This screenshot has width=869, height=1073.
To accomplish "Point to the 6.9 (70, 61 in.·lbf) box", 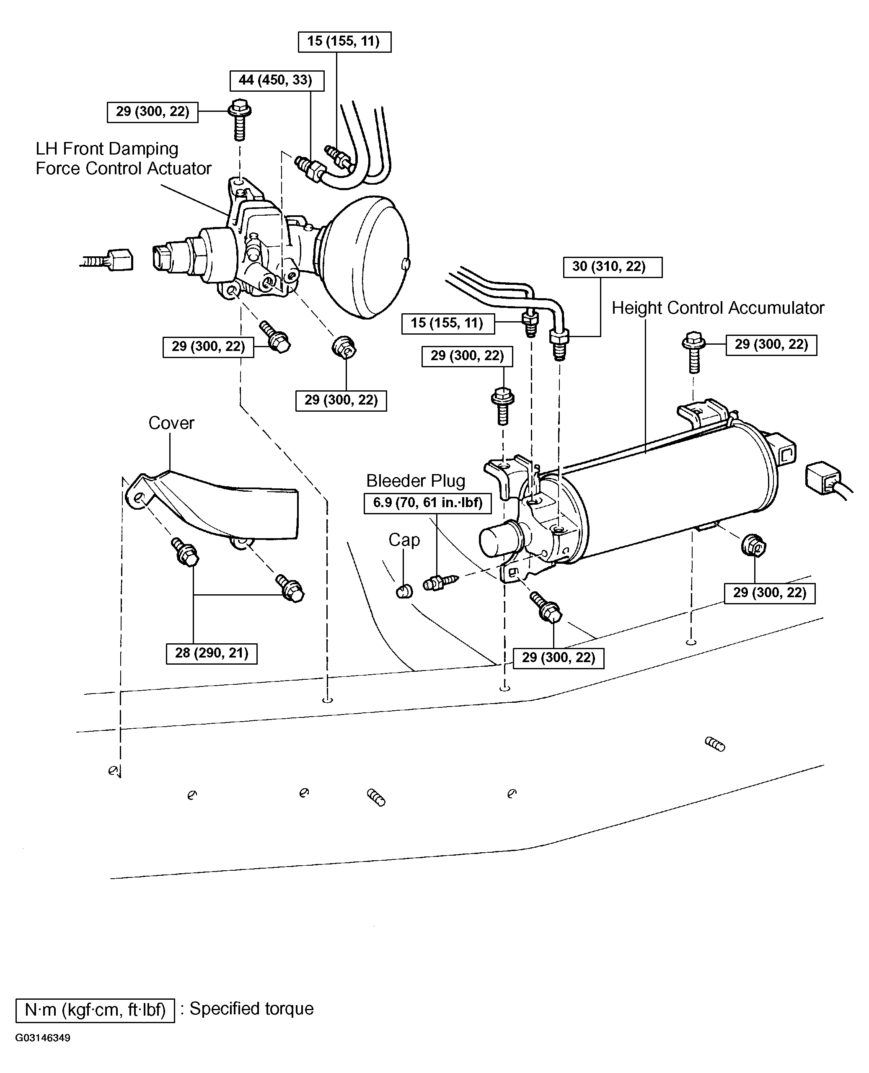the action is pyautogui.click(x=427, y=503).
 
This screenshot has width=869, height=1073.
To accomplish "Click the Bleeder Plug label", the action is pyautogui.click(x=416, y=481).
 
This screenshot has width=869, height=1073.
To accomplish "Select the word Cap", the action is pyautogui.click(x=404, y=540).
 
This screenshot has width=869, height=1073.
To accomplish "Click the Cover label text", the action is pyautogui.click(x=171, y=423).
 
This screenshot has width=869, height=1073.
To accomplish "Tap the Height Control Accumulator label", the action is pyautogui.click(x=718, y=308).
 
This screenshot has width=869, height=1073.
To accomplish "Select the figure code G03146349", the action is pyautogui.click(x=43, y=1037).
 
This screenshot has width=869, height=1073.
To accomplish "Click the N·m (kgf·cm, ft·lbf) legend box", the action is pyautogui.click(x=95, y=1010).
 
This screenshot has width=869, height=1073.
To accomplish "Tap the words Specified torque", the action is pyautogui.click(x=251, y=1009).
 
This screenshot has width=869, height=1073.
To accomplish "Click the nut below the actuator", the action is pyautogui.click(x=344, y=347).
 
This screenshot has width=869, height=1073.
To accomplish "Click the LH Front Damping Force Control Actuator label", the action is pyautogui.click(x=123, y=159).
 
